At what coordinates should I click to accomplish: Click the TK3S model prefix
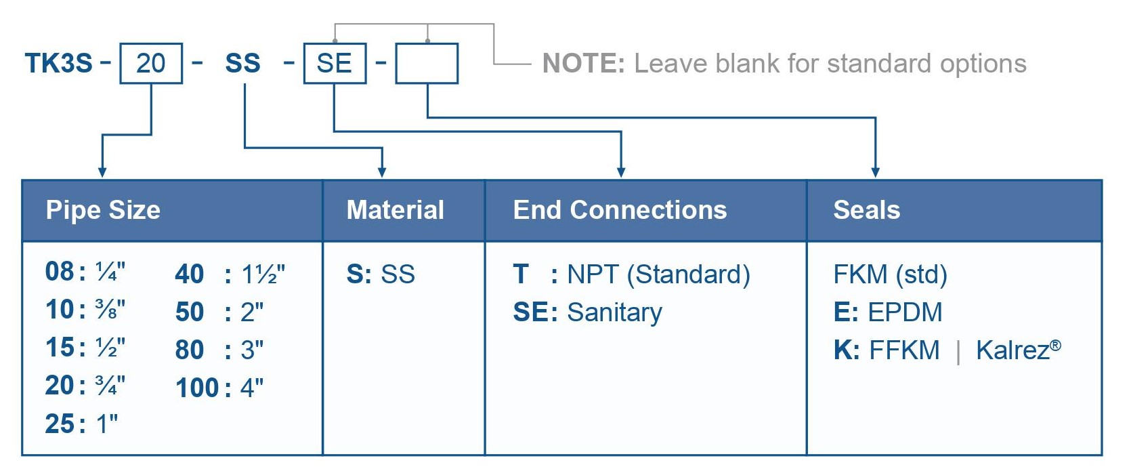[x=59, y=63]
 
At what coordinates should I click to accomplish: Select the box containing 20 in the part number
[x=151, y=63]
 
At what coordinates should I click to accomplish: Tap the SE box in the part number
[x=335, y=63]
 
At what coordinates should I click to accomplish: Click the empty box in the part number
[x=427, y=63]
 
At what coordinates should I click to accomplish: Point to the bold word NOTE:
[x=584, y=64]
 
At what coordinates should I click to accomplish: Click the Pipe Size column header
[x=103, y=209]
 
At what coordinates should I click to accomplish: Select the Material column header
[x=396, y=209]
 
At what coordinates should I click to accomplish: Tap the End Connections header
[x=620, y=209]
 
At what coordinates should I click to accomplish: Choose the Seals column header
[x=866, y=209]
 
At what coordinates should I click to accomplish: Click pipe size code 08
[x=60, y=271]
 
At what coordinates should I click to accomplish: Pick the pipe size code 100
[x=197, y=388]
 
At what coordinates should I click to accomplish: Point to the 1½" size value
[x=263, y=274]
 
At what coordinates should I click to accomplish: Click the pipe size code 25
[x=60, y=424]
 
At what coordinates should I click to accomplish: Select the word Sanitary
[x=614, y=313]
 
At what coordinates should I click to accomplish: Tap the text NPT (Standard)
[x=658, y=275]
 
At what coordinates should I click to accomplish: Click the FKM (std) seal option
[x=890, y=275]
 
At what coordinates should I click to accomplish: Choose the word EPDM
[x=905, y=312]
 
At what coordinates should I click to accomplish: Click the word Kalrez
[x=1013, y=350]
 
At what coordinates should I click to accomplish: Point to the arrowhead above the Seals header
[x=876, y=173]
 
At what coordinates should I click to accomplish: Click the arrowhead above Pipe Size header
[x=102, y=173]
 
